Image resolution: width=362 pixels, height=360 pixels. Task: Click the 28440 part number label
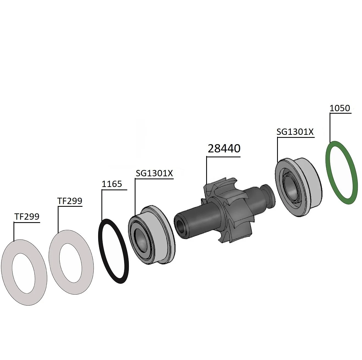224,149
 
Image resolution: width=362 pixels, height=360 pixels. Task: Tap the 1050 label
340,108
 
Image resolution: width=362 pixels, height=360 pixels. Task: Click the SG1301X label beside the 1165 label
154,173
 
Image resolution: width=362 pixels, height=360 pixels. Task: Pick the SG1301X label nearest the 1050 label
295,132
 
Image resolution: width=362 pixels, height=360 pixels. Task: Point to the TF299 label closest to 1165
70,201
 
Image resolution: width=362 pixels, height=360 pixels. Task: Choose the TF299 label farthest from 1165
27,216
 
